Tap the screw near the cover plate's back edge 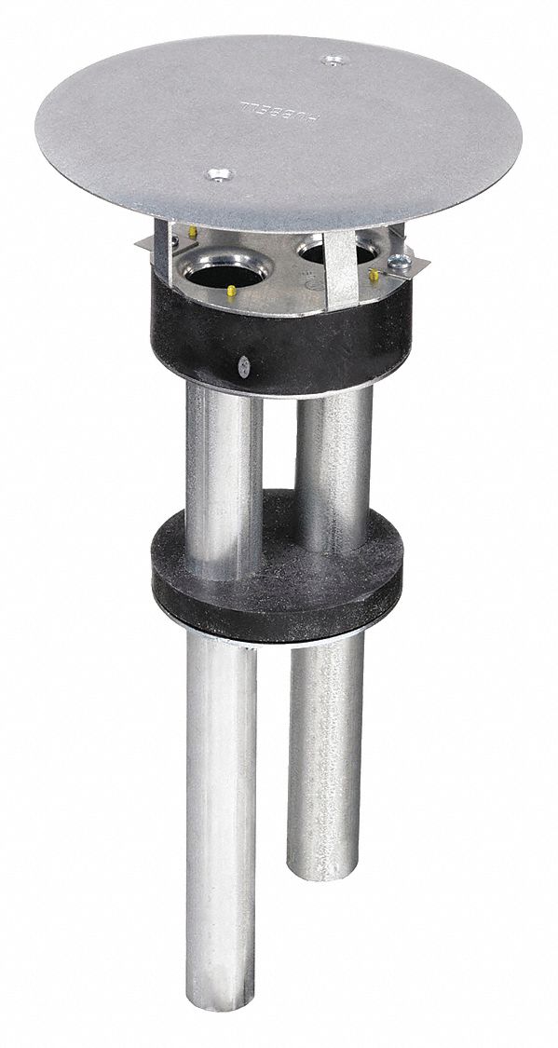[331, 61]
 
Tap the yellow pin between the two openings [229, 293]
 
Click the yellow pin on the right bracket [374, 275]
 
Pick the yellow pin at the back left [192, 231]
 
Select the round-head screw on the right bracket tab [398, 263]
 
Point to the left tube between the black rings [222, 475]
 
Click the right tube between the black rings [333, 447]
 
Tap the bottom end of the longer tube [221, 1020]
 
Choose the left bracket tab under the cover [154, 244]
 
